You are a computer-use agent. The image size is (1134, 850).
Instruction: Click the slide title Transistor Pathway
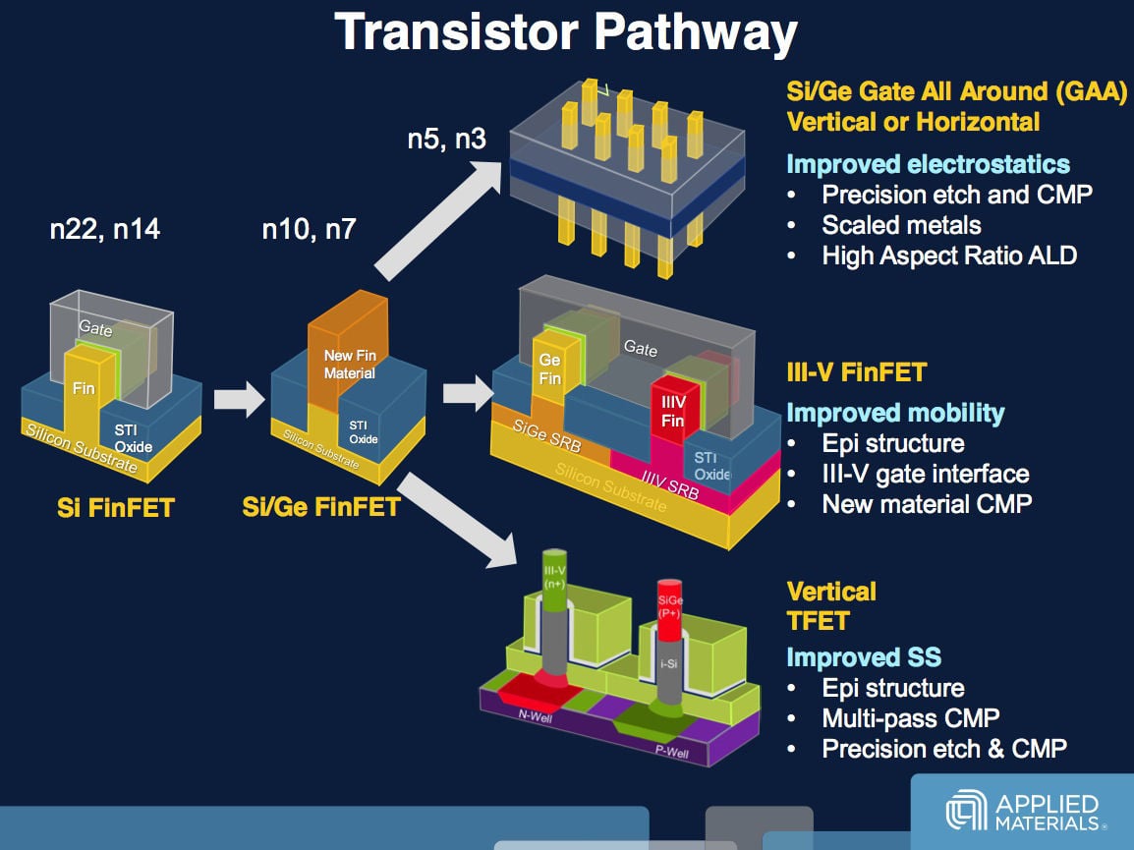point(566,32)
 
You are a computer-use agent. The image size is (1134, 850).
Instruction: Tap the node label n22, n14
point(105,229)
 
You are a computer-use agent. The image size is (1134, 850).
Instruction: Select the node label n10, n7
point(309,229)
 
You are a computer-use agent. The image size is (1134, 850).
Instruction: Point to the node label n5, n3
point(446,139)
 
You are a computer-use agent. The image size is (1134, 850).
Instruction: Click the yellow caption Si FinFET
point(116,507)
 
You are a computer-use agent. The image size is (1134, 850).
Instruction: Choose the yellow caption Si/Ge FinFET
point(321,507)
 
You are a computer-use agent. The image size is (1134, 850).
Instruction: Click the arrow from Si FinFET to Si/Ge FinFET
point(240,399)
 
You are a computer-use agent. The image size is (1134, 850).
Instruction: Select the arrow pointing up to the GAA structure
point(438,220)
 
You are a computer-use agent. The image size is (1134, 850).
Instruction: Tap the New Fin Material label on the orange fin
point(350,365)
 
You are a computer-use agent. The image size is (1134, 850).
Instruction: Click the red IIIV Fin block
point(672,409)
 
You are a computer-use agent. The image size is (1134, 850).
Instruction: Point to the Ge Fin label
point(549,368)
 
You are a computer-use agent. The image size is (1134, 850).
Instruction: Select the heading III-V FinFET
point(856,372)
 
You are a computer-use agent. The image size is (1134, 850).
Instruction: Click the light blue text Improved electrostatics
point(928,164)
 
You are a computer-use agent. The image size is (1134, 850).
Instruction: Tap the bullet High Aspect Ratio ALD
point(949,255)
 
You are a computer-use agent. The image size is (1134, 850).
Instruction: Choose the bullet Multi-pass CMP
point(911,718)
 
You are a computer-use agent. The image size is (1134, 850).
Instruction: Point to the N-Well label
point(536,715)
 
